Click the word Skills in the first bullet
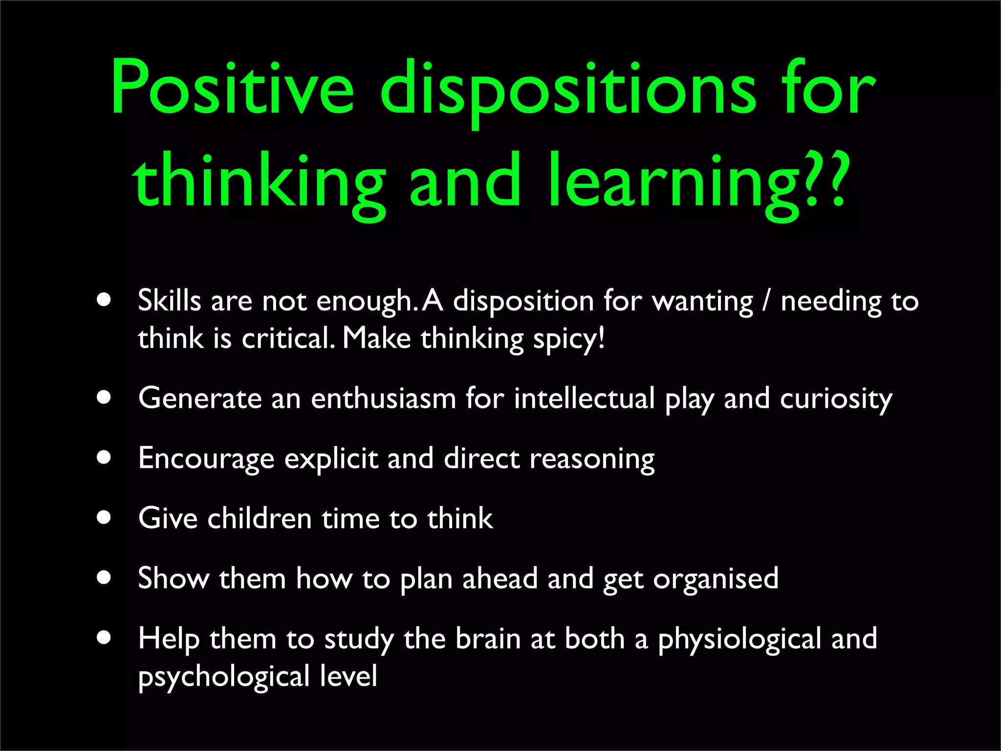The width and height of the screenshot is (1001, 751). (x=169, y=300)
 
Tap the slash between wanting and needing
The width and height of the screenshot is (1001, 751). (x=766, y=301)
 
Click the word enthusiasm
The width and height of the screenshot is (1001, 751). (x=384, y=398)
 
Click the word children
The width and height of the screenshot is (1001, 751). (x=260, y=518)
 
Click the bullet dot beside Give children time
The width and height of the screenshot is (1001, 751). (x=104, y=517)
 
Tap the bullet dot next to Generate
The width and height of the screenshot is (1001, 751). (x=104, y=397)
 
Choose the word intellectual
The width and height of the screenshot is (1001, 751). (x=584, y=398)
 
